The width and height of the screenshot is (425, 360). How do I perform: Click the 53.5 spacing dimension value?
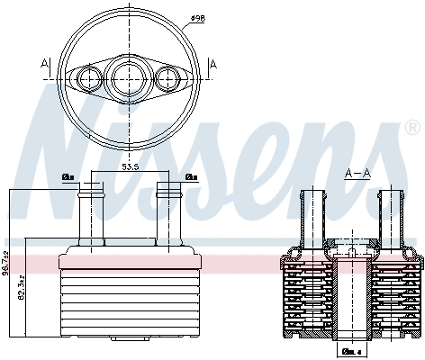pyautogui.click(x=130, y=168)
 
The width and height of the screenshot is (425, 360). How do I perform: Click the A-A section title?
pyautogui.click(x=357, y=172)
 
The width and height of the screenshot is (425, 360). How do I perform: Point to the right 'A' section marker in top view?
pyautogui.click(x=212, y=63)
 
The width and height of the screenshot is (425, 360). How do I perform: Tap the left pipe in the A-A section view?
pyautogui.click(x=312, y=216)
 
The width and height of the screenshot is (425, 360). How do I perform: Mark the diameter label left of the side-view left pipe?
pyautogui.click(x=68, y=177)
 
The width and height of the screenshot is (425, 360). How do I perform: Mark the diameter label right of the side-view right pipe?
pyautogui.click(x=191, y=177)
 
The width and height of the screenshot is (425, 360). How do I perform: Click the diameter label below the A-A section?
pyautogui.click(x=352, y=352)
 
